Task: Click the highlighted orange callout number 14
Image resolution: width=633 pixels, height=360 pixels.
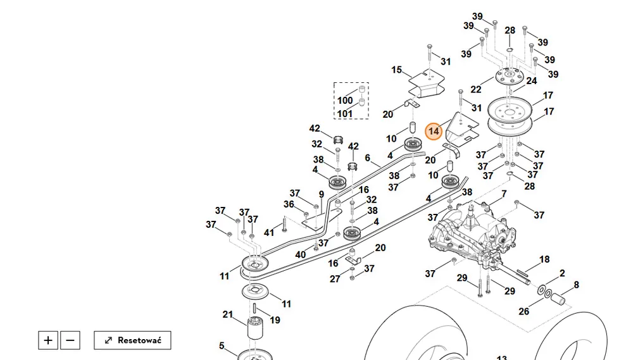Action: (x=434, y=131)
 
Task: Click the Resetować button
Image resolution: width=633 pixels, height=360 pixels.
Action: (x=132, y=340)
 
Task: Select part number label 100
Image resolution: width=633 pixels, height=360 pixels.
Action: (x=345, y=101)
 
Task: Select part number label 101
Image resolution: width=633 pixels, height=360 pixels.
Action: (x=345, y=114)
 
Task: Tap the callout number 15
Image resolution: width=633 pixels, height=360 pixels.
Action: (x=396, y=70)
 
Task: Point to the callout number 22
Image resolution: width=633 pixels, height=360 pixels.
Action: (x=476, y=89)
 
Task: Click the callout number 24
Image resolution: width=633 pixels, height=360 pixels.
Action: (x=532, y=81)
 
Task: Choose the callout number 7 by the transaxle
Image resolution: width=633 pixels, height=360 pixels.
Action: (x=504, y=194)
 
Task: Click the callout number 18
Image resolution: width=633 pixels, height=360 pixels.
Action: (x=544, y=259)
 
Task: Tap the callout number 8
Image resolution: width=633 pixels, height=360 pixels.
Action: (x=577, y=285)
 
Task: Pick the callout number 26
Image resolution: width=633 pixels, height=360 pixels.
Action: (x=524, y=311)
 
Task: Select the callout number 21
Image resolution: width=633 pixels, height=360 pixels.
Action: (x=228, y=314)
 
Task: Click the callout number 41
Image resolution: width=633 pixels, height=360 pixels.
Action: (x=269, y=232)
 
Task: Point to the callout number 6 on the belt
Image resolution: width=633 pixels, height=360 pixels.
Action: (x=367, y=158)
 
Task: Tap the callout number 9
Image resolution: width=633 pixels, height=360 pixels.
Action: (x=322, y=194)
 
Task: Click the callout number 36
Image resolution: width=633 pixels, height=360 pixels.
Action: (x=289, y=204)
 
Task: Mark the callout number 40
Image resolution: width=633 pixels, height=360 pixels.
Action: (x=300, y=255)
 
